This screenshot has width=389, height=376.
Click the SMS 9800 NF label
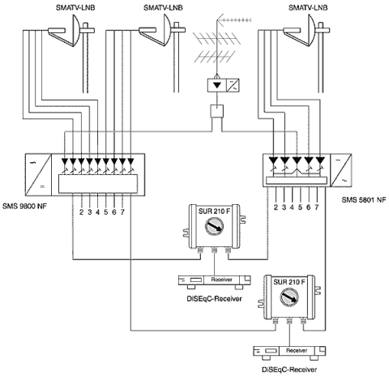24,207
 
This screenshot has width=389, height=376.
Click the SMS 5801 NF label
364,200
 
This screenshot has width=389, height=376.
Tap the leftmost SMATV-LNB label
75,7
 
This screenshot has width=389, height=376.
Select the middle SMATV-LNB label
163,7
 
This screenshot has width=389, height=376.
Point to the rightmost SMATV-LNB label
308,7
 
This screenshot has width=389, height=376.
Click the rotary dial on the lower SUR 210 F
289,297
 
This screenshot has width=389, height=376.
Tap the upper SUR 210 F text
214,211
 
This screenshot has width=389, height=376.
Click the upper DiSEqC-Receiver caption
214,299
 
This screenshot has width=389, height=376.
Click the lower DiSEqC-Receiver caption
289,370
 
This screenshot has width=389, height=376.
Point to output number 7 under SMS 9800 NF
122,212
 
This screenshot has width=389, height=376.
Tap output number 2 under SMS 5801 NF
276,207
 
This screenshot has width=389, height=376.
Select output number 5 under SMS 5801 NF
300,207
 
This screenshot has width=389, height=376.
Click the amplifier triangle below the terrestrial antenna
217,85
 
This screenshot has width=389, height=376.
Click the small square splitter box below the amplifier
217,111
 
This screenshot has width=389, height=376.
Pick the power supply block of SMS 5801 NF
341,170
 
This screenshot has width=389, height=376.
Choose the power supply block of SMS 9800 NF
38,175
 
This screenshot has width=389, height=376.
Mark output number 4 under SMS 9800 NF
98,212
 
